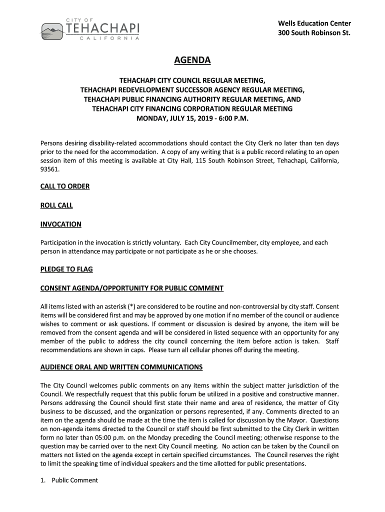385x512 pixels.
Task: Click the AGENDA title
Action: point(192,61)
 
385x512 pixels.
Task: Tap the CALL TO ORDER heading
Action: point(65,186)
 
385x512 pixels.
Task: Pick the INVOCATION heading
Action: point(60,224)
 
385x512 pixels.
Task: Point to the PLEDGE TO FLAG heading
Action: point(66,269)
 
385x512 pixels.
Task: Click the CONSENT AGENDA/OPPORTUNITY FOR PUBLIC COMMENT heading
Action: point(131,288)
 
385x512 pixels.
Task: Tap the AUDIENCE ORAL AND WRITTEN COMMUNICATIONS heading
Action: point(121,367)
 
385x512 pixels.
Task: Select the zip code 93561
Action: point(49,169)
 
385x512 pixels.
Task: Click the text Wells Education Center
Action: point(314,23)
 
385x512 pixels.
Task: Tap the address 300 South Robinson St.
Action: point(314,33)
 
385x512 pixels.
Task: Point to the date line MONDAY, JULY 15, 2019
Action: point(192,118)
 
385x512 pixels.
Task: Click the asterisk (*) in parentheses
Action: point(130,306)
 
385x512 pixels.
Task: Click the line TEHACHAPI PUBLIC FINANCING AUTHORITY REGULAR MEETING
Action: point(192,99)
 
